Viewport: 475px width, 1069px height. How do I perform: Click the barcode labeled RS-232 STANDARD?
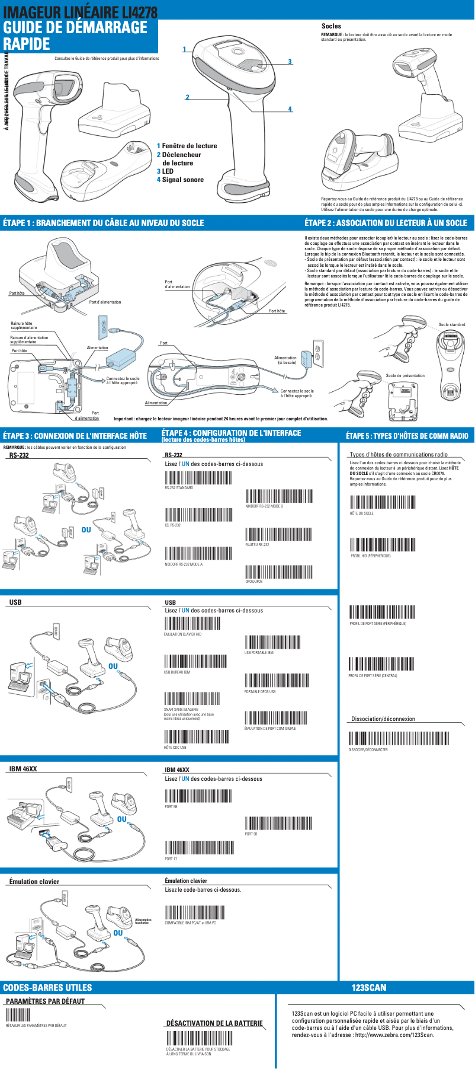coord(198,477)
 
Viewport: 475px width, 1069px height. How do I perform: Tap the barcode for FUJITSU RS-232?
coord(278,534)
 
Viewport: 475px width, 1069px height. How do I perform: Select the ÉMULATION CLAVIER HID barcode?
coord(192,624)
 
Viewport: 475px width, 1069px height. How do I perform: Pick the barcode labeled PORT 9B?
coord(278,823)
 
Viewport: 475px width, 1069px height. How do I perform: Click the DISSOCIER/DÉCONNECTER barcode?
coord(399,739)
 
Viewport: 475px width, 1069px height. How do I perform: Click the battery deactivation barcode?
coord(199,1038)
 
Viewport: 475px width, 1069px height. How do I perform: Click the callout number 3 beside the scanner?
coord(290,62)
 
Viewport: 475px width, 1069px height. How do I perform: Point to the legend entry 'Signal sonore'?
coord(182,180)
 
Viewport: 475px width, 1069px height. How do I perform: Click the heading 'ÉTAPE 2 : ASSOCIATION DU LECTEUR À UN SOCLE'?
coord(386,223)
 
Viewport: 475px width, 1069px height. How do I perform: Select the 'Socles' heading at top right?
coord(331,26)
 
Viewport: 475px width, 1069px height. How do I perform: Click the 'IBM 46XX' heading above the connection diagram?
coord(23,769)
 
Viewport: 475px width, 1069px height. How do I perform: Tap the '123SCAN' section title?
coord(368,988)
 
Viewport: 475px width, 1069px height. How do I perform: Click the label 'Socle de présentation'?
coord(405,375)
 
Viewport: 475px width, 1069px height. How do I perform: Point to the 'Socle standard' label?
coord(452,324)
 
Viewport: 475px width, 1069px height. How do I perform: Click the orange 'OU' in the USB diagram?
coord(113,666)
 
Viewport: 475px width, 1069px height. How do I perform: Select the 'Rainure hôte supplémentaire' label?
coord(24,326)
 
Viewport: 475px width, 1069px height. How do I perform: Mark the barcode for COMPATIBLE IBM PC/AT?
coord(194,912)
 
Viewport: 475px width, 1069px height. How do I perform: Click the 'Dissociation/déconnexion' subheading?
coord(383,719)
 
